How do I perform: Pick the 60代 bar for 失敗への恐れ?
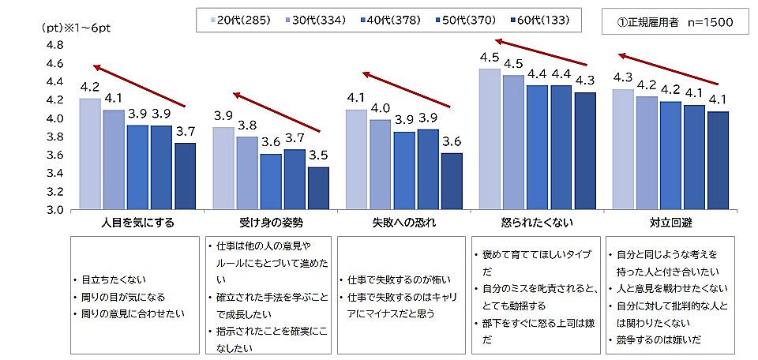(x=452, y=181)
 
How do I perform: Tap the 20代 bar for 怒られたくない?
(x=490, y=139)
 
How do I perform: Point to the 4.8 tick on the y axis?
(x=54, y=45)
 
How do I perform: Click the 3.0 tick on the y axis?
(x=54, y=210)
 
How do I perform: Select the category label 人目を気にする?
(x=138, y=222)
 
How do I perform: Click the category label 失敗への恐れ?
(x=403, y=222)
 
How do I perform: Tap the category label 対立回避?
(x=670, y=222)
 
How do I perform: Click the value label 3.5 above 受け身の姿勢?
(x=319, y=155)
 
